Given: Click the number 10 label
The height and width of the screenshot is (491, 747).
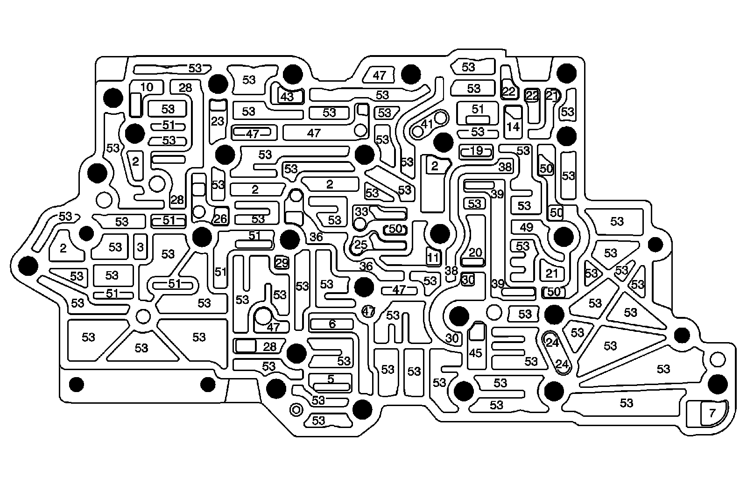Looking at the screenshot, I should [147, 87].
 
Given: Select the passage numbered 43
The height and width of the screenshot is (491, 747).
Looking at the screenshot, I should [287, 97].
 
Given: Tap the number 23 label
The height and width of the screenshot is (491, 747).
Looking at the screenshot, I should [218, 121].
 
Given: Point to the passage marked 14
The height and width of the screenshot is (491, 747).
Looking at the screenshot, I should [513, 126].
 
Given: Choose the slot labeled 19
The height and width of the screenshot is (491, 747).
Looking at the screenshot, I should [476, 151].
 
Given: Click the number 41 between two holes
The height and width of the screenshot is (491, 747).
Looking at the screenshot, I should [427, 124].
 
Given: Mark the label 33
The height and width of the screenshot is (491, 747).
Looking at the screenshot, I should [362, 211].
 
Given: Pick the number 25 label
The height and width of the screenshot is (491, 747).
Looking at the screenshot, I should [360, 245].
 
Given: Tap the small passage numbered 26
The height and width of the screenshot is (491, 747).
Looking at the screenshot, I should [220, 218].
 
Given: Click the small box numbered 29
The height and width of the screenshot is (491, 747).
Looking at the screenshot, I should [282, 263].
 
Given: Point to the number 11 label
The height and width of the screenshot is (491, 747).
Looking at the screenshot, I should [433, 257].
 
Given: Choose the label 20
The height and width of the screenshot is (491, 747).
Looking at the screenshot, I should [475, 253].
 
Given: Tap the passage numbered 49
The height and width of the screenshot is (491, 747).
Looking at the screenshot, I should [526, 227].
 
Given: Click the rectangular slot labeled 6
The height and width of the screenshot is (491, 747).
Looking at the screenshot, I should [332, 324].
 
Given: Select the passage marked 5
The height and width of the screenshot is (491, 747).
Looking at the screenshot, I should [331, 379].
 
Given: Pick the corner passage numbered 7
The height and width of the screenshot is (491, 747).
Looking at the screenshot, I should [712, 413].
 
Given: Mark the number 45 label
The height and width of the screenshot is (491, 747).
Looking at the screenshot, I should [475, 353].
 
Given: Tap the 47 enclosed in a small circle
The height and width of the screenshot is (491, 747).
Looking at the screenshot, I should [369, 311].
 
